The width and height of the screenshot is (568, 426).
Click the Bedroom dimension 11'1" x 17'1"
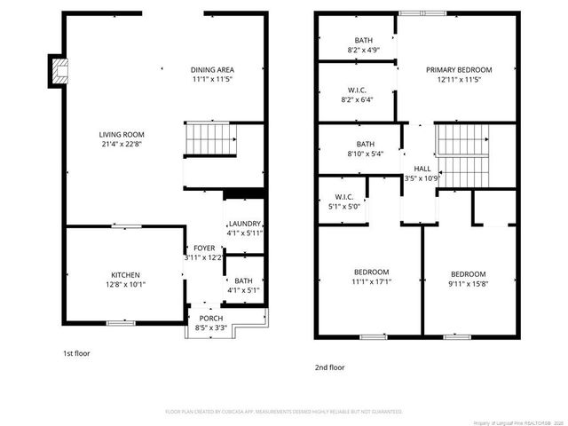(x=371, y=281)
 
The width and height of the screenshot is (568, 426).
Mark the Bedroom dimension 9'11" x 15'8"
(x=468, y=283)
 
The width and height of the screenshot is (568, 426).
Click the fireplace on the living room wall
(x=59, y=72)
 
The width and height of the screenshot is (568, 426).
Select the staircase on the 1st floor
(x=211, y=139)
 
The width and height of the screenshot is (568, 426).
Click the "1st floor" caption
(x=75, y=353)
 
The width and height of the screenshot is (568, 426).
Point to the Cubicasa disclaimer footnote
(x=283, y=412)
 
